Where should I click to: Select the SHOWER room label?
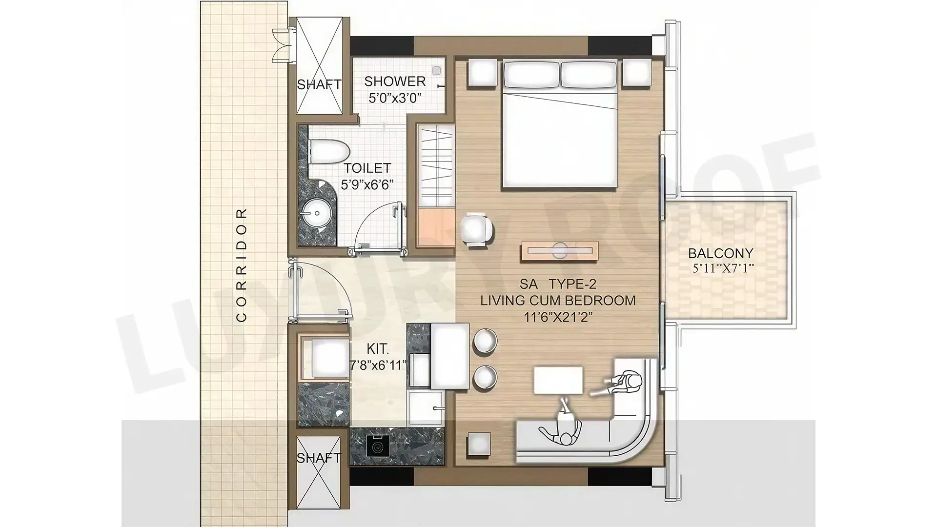(395, 81)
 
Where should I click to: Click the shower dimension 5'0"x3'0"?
(395, 98)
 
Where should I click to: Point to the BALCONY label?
(721, 253)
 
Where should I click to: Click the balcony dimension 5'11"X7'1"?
(723, 268)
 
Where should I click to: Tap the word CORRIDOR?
(242, 265)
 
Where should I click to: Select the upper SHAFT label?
(319, 84)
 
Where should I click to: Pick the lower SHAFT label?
(318, 458)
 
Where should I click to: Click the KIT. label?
(378, 349)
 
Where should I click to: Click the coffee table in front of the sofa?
(558, 380)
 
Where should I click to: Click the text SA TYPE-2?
(558, 284)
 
